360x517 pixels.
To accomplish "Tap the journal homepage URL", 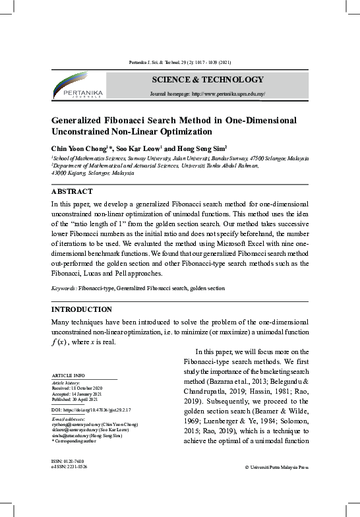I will pos(208,94).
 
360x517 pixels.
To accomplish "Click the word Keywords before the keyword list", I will pos(63,289).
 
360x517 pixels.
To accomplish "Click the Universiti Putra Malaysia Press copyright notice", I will pos(276,467).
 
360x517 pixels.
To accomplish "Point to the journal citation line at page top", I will pos(179,61).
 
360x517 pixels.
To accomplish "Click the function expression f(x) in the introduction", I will pos(58,342).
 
